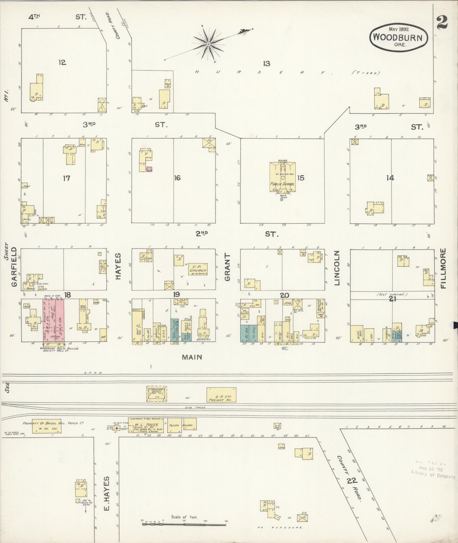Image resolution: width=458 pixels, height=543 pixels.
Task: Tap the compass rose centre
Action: pyautogui.click(x=209, y=44)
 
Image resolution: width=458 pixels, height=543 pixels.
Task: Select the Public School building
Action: pyautogui.click(x=282, y=177)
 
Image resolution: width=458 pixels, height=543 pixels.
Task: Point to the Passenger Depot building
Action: pyautogui.click(x=157, y=394)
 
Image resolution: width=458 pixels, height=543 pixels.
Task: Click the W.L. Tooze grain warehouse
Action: pyautogui.click(x=146, y=425)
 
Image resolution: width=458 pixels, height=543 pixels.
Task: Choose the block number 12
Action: pyautogui.click(x=62, y=62)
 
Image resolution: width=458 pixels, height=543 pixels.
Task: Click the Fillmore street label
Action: pyautogui.click(x=443, y=268)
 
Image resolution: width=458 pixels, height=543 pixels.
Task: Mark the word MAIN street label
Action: pyautogui.click(x=192, y=357)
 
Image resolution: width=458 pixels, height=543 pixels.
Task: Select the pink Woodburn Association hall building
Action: pyautogui.click(x=53, y=320)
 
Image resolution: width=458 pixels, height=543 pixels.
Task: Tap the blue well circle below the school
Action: pyautogui.click(x=281, y=200)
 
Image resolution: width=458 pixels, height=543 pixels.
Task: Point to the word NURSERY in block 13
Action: pyautogui.click(x=260, y=72)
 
